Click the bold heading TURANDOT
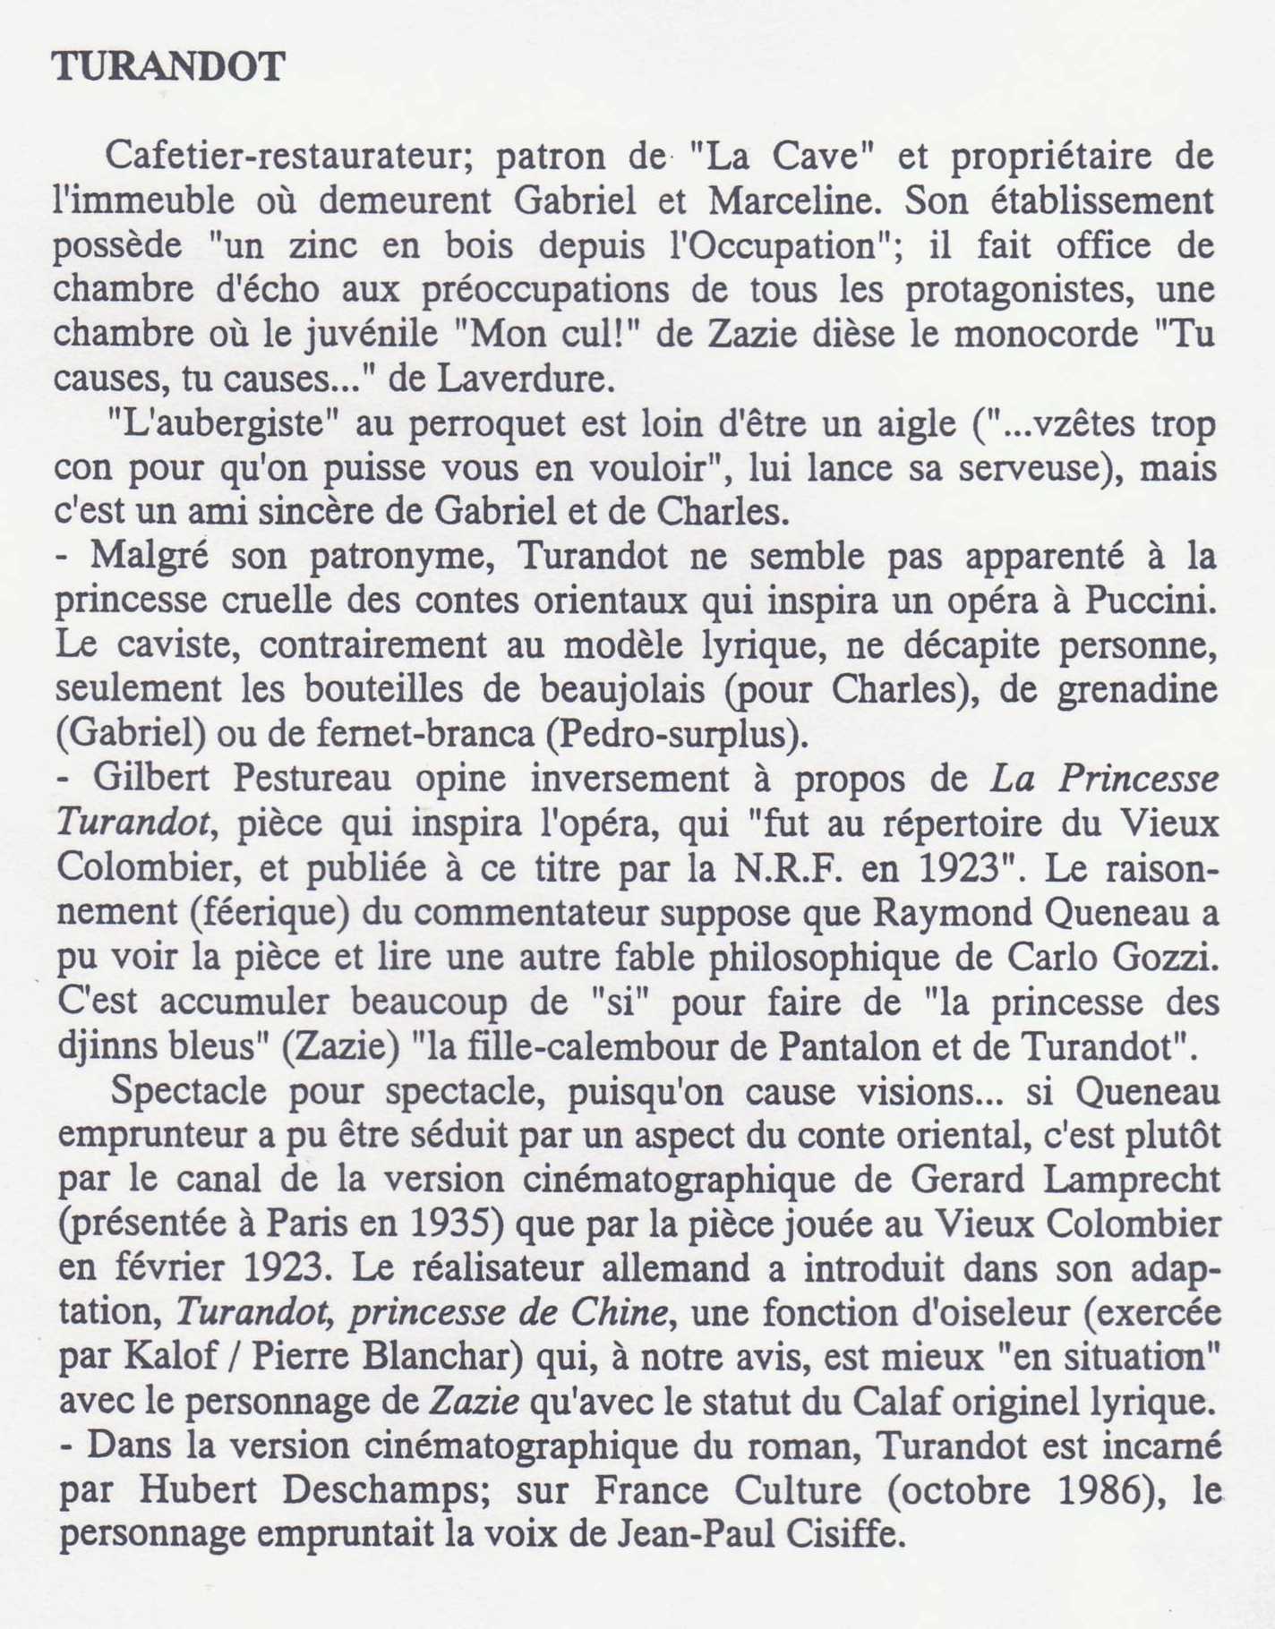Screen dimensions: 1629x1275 pyautogui.click(x=168, y=67)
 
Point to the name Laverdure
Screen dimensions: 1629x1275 pyautogui.click(x=526, y=380)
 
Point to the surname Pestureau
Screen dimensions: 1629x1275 pyautogui.click(x=312, y=778)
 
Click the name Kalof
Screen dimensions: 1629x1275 pyautogui.click(x=168, y=1357)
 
